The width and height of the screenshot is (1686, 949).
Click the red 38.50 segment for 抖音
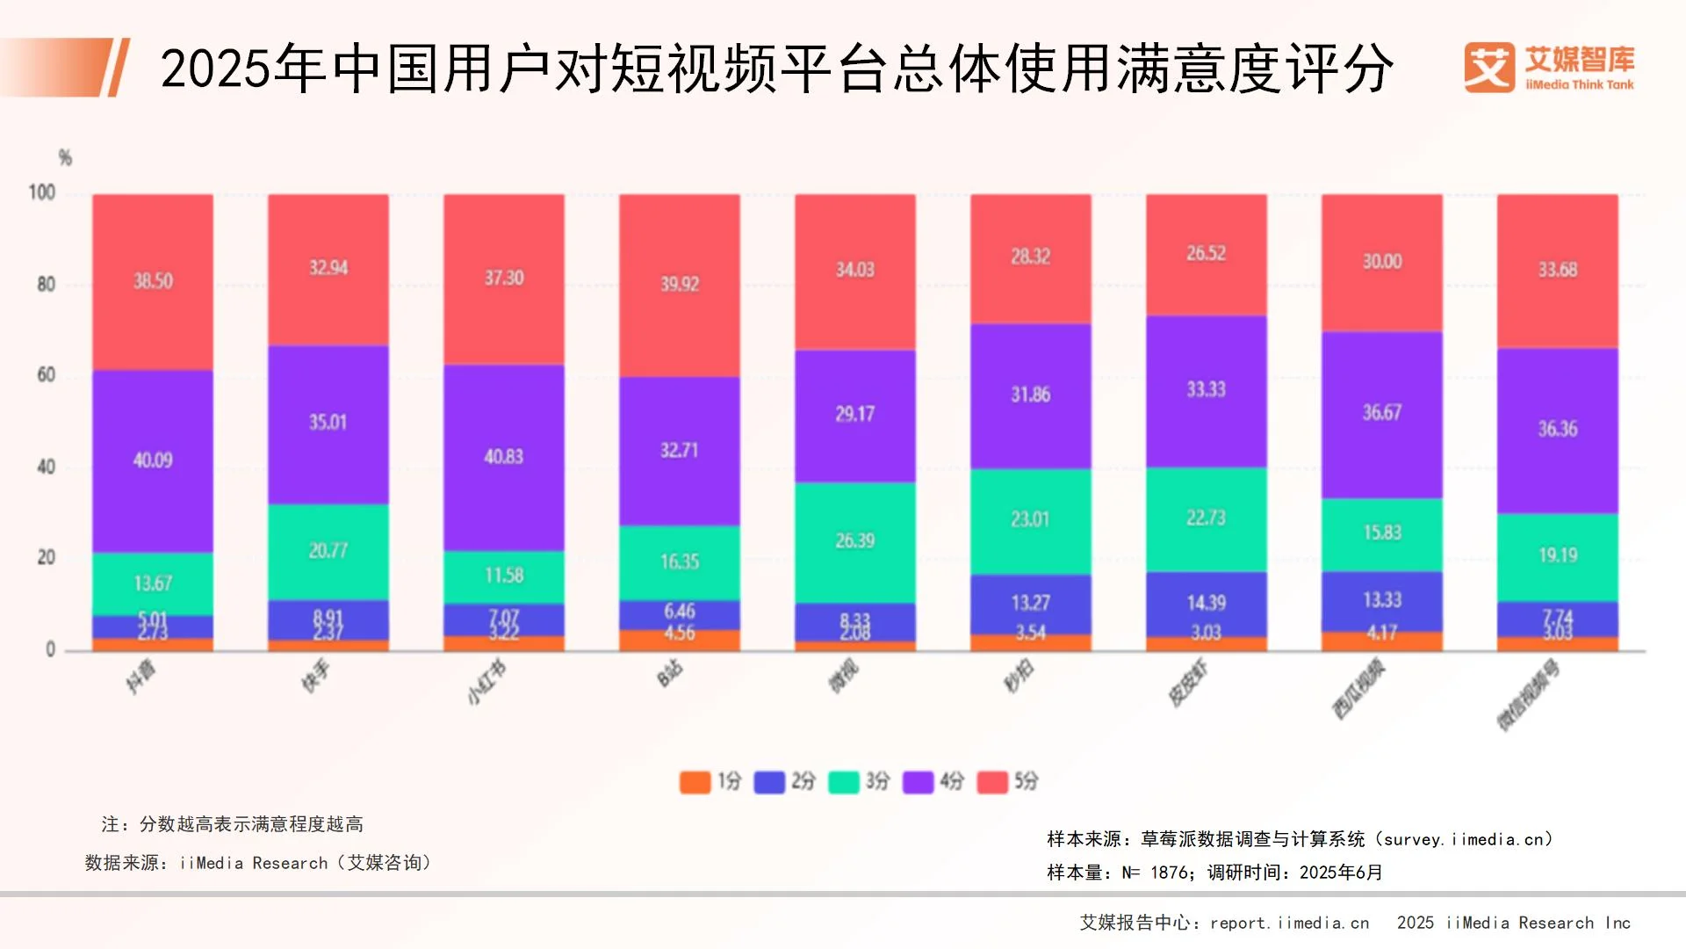tap(153, 281)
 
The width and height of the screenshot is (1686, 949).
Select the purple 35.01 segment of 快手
tap(328, 423)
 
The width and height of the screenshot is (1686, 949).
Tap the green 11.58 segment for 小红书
tap(503, 576)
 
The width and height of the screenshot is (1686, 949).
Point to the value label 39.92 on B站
tap(680, 284)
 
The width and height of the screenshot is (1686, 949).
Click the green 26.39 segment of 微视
tap(854, 541)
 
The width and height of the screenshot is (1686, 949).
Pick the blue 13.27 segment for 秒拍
tap(1030, 603)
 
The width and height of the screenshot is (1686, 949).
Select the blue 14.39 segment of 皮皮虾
tap(1206, 603)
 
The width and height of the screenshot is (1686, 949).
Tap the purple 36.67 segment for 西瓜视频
tap(1381, 413)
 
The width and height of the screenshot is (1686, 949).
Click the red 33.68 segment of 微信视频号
tap(1557, 270)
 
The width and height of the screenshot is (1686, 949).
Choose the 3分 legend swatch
tap(844, 781)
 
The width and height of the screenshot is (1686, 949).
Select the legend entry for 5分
tap(1009, 781)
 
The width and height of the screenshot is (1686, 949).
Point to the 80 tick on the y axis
tap(46, 285)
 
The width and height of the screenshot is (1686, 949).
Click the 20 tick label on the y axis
tap(46, 558)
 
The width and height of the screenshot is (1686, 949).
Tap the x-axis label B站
tap(670, 675)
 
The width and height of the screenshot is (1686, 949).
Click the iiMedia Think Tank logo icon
tap(1488, 68)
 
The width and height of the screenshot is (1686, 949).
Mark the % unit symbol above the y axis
tap(65, 158)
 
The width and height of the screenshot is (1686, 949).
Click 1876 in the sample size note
tap(1170, 873)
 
